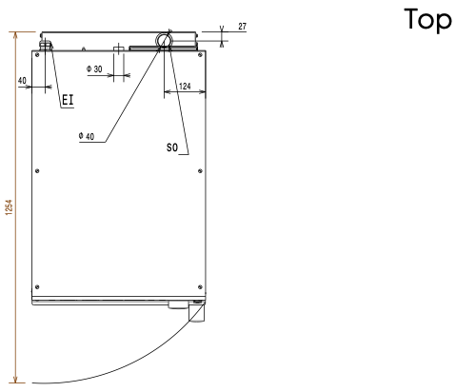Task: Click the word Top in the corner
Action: coord(427,20)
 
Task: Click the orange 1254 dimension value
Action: coord(10,207)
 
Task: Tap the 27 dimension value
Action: coord(242,27)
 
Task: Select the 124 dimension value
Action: coord(185,87)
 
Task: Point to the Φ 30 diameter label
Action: coord(94,69)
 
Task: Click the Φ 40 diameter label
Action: coord(87,136)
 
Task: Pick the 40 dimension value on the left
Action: coord(22,81)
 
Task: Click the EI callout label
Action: coord(68,100)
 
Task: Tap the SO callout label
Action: coord(172,147)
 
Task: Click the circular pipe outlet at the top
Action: coord(164,40)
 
